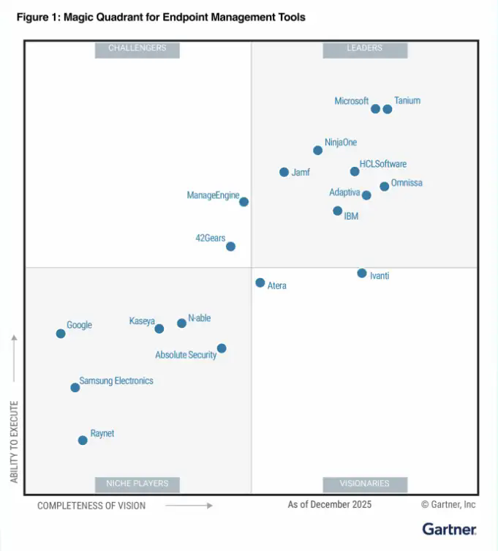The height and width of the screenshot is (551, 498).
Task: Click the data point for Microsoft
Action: click(x=375, y=109)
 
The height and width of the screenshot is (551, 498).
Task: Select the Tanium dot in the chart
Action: click(x=388, y=109)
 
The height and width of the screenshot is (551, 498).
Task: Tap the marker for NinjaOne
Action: click(x=317, y=151)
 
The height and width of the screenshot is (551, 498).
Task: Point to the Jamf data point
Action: click(x=284, y=172)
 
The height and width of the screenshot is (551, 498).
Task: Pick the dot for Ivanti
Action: click(x=361, y=273)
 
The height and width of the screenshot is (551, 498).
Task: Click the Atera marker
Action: click(x=260, y=282)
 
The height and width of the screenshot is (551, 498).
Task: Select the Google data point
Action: click(x=61, y=334)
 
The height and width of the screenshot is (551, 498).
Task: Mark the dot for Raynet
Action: click(x=83, y=440)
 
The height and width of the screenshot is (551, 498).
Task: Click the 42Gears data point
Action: click(x=230, y=247)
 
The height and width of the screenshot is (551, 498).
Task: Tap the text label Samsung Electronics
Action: click(x=116, y=381)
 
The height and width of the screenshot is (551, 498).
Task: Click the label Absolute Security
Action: click(x=186, y=355)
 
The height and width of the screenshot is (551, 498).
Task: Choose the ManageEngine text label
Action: click(x=213, y=195)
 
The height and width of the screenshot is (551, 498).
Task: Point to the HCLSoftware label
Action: click(x=383, y=164)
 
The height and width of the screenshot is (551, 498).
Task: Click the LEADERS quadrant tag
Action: click(x=364, y=48)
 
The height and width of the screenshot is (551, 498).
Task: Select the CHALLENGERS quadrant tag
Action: click(x=137, y=48)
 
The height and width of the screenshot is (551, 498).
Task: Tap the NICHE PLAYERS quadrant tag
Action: click(x=137, y=484)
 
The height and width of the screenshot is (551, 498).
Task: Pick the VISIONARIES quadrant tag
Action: click(x=364, y=484)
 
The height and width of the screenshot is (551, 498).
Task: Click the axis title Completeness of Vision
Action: click(x=91, y=505)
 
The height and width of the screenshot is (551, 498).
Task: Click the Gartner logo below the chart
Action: click(x=449, y=528)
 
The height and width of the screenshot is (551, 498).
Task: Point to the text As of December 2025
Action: click(x=329, y=504)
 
